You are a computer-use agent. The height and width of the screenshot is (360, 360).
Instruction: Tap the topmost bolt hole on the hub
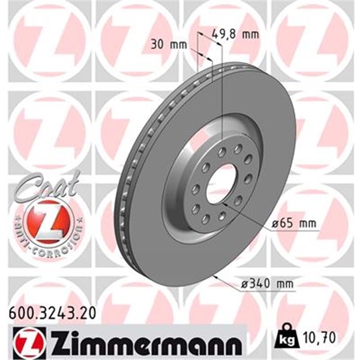(x=221, y=152)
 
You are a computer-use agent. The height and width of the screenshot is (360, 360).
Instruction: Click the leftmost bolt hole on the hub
(x=194, y=190)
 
